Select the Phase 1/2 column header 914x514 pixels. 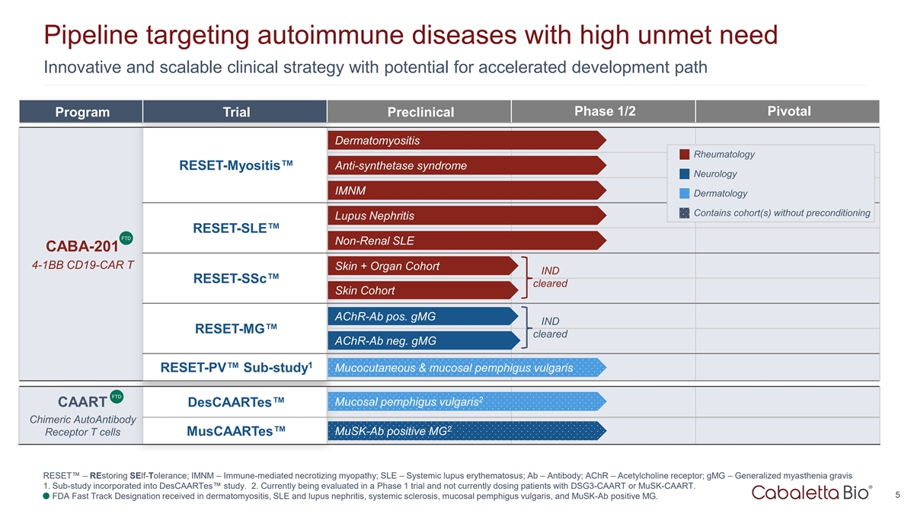[x=604, y=111]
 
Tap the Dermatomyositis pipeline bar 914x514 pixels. [x=467, y=140]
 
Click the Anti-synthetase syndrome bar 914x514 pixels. [x=467, y=166]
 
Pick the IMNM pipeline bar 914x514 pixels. [x=467, y=190]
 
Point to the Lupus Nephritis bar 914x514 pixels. [x=467, y=215]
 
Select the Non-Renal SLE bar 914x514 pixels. [x=467, y=241]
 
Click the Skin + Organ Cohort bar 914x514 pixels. [x=423, y=266]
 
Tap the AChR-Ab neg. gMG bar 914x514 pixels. [x=423, y=340]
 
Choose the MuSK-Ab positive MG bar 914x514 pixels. [x=467, y=431]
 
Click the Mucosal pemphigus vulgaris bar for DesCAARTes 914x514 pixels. [x=467, y=402]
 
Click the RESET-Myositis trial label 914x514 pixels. [x=236, y=165]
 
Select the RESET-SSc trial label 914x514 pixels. [x=236, y=278]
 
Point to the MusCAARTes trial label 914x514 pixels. [x=236, y=431]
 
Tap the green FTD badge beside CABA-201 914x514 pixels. [x=126, y=238]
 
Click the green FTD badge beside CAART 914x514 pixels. [x=117, y=397]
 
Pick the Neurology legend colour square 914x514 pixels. [x=684, y=174]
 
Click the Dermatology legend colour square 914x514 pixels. [x=684, y=193]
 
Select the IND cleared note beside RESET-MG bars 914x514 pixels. [x=550, y=327]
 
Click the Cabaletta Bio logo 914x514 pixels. [x=812, y=493]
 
